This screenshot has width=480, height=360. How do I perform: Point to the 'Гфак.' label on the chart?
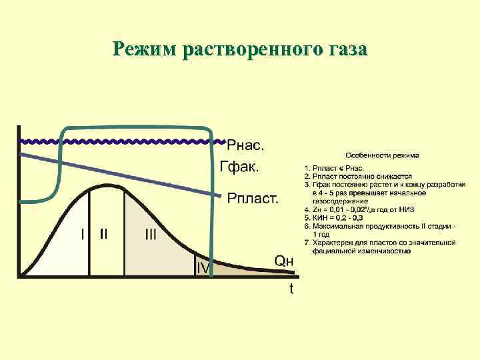(239, 167)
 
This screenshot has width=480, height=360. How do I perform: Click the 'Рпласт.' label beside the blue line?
(253, 197)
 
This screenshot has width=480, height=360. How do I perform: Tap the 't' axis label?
(291, 289)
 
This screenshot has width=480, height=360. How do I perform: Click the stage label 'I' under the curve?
(83, 234)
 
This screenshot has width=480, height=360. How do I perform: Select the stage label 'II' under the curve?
(105, 234)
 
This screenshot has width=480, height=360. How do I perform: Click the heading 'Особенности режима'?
(382, 156)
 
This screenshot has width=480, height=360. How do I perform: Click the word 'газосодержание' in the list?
(339, 200)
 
